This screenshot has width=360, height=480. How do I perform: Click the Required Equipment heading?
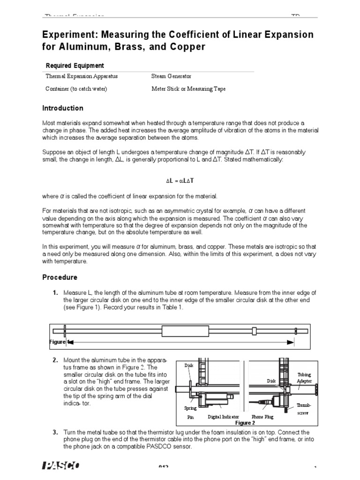[75, 66]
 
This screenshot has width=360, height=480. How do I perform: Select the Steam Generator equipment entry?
[171, 76]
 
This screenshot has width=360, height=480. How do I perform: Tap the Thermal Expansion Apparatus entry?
[82, 76]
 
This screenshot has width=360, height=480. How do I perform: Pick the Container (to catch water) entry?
[76, 88]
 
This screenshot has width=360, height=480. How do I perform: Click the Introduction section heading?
[63, 108]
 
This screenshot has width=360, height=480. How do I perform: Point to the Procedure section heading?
[60, 277]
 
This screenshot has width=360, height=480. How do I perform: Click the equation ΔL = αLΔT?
[180, 180]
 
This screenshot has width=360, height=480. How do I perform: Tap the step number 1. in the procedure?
[55, 293]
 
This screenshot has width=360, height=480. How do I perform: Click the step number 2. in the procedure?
[55, 360]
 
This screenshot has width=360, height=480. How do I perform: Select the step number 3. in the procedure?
[55, 432]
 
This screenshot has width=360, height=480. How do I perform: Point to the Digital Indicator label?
[223, 416]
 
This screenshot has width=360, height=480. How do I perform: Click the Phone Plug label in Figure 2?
[264, 416]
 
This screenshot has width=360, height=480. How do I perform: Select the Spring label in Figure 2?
[190, 408]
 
